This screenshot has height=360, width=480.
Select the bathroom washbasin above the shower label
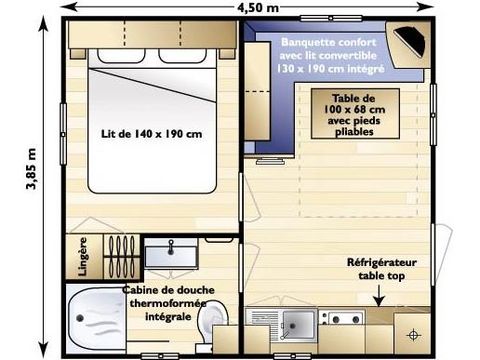click(171, 255)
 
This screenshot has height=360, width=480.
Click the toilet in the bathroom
click(211, 323)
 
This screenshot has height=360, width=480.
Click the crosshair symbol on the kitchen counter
click(411, 329)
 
